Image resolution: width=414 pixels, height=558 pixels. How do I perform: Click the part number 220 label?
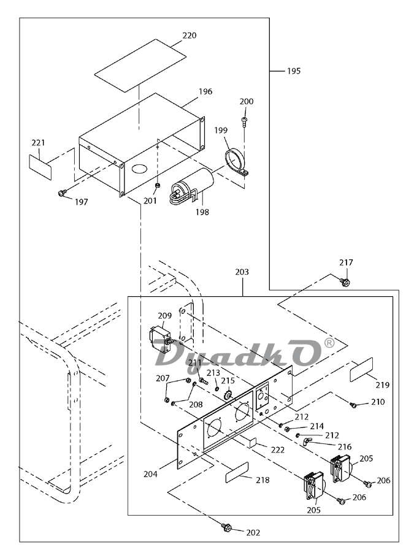[x=190, y=36]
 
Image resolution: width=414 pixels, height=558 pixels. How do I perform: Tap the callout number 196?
[x=205, y=91]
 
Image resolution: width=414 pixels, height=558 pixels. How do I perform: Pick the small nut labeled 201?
[x=157, y=185]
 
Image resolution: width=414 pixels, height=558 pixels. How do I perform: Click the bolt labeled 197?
[x=61, y=193]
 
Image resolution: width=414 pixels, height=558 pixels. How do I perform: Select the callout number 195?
[x=293, y=71]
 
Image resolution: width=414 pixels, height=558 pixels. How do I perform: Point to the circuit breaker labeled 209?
[x=161, y=337]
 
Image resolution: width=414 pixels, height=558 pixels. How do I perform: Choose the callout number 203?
[x=242, y=271]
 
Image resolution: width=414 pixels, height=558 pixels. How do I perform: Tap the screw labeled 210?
[x=353, y=405]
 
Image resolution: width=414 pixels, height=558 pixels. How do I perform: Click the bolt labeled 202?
[x=226, y=526]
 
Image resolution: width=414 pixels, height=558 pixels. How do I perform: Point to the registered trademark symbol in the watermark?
[x=329, y=344]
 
